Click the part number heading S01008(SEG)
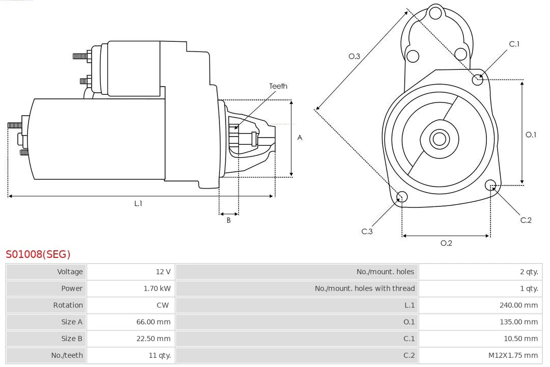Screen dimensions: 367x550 point(38,254)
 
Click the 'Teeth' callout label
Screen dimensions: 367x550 point(278,86)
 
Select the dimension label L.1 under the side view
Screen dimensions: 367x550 point(138,203)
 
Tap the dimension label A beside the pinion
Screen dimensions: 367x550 point(300,138)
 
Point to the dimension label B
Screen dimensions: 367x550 point(229,221)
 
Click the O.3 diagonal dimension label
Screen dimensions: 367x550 point(354,56)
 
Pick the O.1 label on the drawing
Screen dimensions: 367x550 point(531,135)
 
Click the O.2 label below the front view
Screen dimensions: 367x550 point(446,243)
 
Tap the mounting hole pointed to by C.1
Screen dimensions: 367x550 point(478,79)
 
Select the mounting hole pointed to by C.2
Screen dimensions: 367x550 point(490,185)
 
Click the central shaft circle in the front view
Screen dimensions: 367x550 point(438,139)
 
